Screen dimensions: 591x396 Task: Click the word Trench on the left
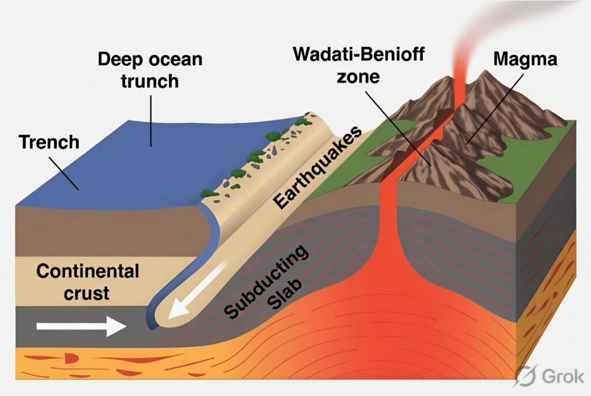tap(49, 142)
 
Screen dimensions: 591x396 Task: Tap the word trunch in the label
tap(149, 81)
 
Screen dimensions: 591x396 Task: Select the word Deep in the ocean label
tap(121, 59)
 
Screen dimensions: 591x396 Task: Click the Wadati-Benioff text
tap(358, 54)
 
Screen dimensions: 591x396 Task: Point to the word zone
tap(358, 77)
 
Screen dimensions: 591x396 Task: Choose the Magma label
tap(525, 59)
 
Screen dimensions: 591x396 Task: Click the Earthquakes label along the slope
tap(317, 167)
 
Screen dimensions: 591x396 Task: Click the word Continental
tap(88, 271)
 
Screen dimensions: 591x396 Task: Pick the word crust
tap(87, 293)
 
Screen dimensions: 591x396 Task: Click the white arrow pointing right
tap(81, 326)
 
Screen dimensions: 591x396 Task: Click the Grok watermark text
tap(563, 376)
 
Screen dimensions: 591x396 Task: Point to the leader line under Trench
tap(63, 174)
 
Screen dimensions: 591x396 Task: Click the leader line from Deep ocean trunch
tap(151, 121)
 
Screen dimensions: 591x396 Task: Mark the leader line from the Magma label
tap(494, 109)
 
